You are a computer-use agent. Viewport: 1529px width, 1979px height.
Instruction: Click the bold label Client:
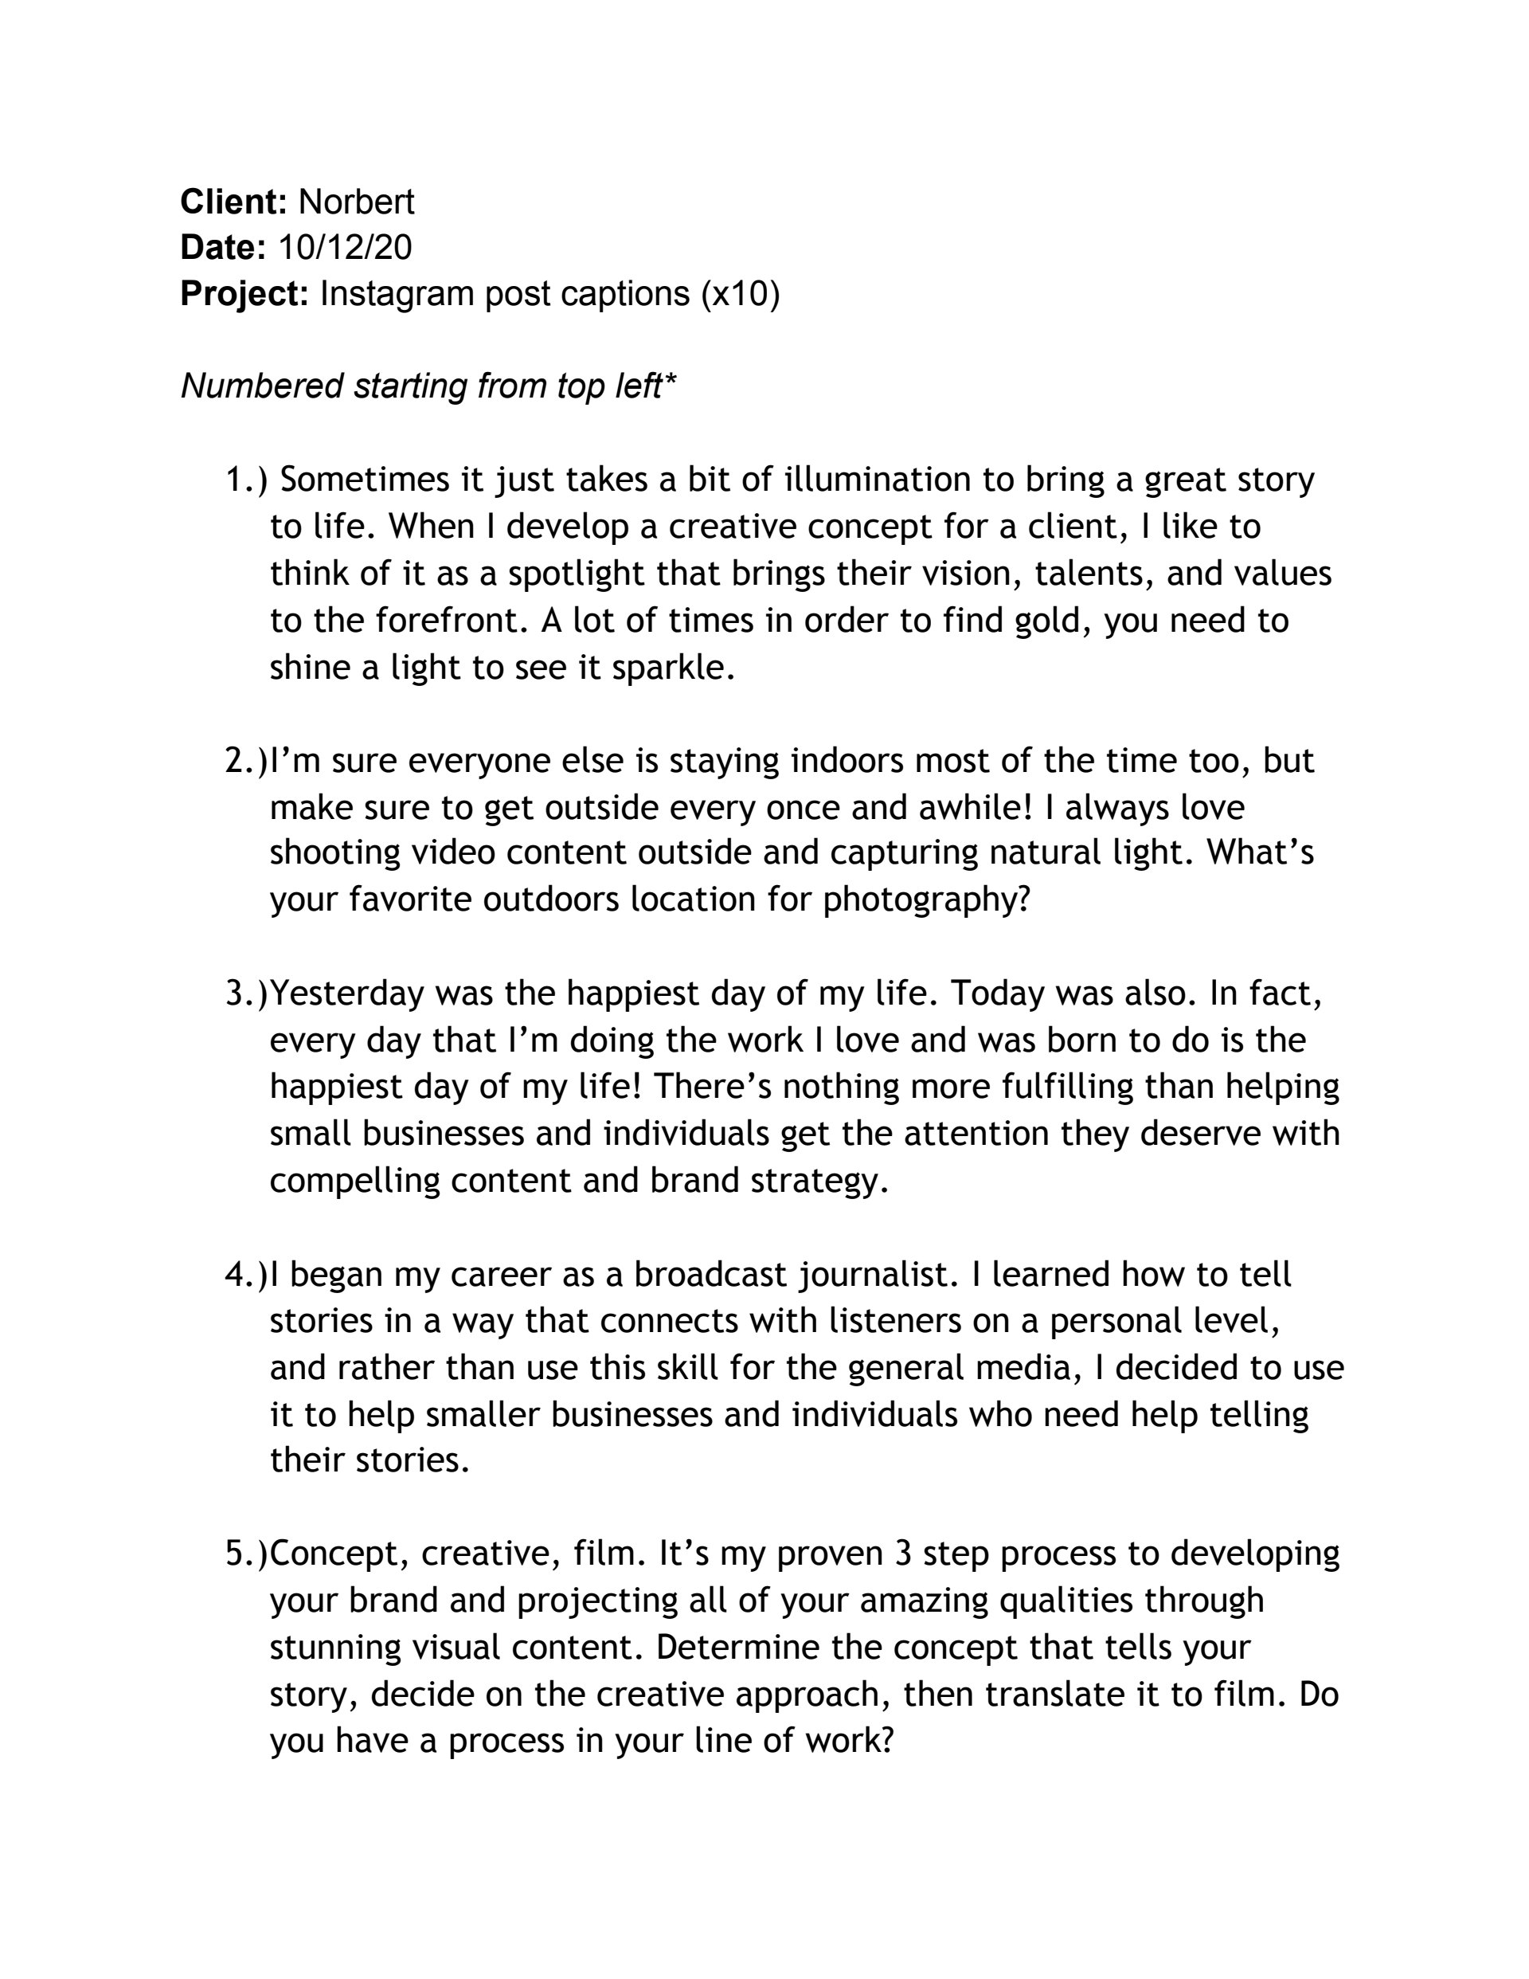click(233, 202)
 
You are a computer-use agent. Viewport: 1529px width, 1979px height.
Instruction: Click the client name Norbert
click(356, 202)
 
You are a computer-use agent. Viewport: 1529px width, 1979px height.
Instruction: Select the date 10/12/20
click(344, 247)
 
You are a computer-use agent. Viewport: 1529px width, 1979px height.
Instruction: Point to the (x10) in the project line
click(739, 294)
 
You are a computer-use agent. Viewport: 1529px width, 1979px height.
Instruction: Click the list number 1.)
click(245, 480)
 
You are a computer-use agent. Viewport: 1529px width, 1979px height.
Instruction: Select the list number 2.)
click(245, 760)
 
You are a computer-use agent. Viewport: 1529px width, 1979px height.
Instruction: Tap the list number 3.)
click(245, 994)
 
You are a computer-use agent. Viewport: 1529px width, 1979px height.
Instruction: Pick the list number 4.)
click(245, 1275)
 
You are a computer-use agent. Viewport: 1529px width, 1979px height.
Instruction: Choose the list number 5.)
click(245, 1555)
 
